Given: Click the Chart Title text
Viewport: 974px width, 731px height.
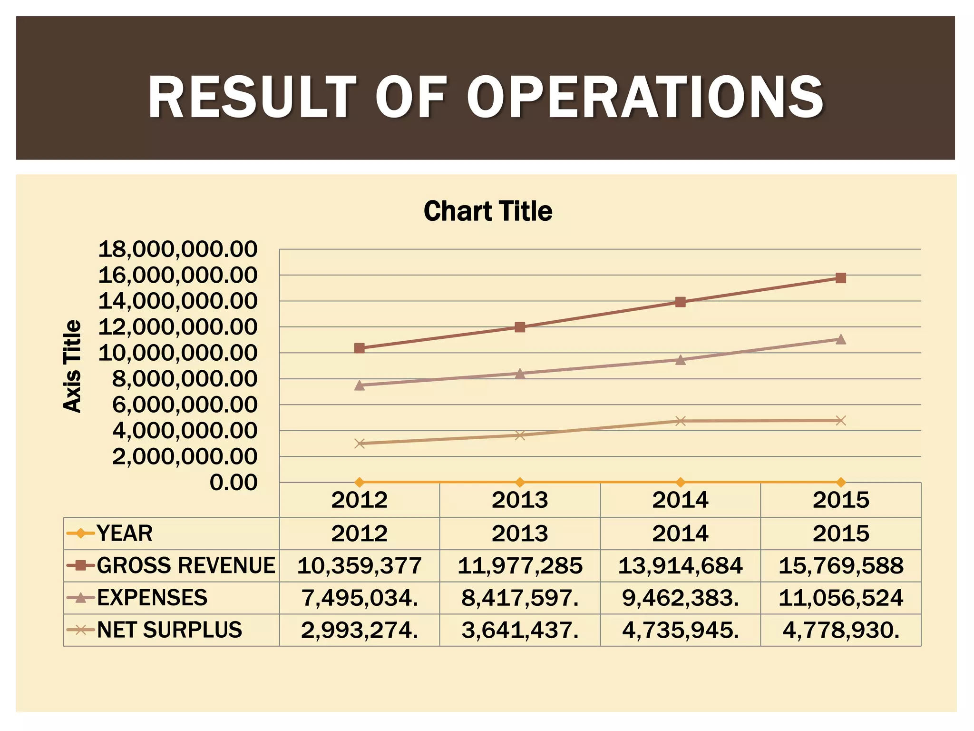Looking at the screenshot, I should coord(488,211).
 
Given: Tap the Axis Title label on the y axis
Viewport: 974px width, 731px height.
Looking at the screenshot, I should coord(72,365).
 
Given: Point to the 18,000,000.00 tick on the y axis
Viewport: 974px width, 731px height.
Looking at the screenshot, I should coord(177,249).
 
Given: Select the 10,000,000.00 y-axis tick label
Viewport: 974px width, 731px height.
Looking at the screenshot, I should coord(177,353).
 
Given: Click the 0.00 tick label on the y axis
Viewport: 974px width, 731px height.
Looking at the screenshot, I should coord(234,483).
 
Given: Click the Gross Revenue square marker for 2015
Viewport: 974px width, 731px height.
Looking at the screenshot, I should coord(840,278).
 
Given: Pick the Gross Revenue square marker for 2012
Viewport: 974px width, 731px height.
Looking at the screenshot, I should coord(360,348).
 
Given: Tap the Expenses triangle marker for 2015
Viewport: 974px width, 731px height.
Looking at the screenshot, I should coord(840,339).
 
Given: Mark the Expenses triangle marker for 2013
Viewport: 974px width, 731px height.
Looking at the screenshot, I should coord(520,374).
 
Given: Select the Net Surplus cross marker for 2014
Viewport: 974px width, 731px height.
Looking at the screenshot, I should coord(681,421).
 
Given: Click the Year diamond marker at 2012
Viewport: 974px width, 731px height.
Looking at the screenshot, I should coord(360,482).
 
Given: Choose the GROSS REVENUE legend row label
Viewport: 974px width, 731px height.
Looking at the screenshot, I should coord(185,565).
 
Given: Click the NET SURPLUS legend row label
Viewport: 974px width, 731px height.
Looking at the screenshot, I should coord(169,630).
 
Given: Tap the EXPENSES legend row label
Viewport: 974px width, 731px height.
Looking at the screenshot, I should coord(152,598).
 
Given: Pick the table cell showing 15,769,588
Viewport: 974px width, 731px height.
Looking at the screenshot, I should coord(840,565).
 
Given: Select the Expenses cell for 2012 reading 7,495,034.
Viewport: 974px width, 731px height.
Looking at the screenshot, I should coord(360,598).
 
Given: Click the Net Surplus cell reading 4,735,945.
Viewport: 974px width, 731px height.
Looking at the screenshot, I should coord(681,630).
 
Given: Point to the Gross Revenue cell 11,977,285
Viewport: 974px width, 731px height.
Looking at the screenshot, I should coord(520,565).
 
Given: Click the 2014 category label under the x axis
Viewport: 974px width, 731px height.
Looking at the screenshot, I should coord(681,500).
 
